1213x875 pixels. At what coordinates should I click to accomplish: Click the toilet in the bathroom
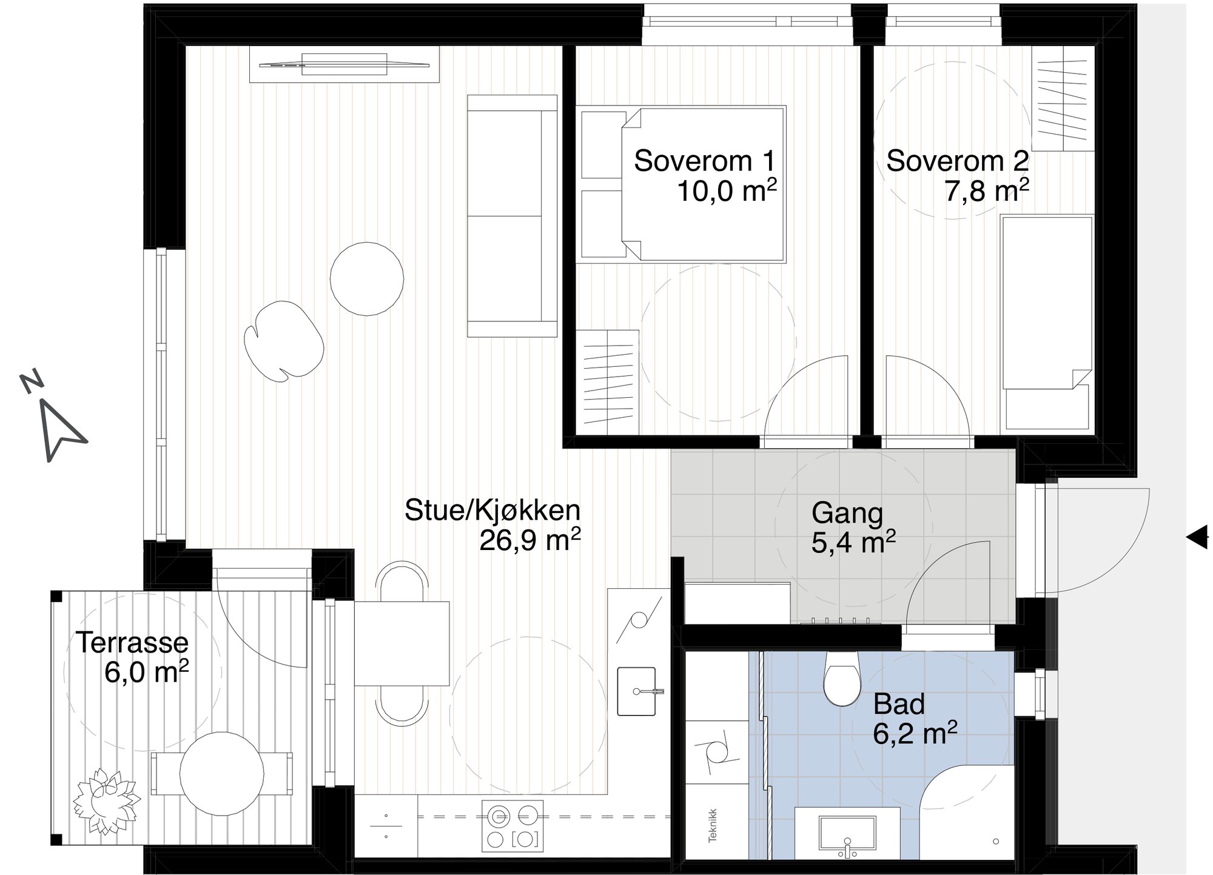842,679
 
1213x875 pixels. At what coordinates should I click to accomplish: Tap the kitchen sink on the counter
636,691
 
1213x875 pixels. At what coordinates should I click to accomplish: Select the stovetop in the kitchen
512,825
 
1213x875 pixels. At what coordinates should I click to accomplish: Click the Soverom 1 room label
704,161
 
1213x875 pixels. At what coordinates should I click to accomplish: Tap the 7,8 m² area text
986,192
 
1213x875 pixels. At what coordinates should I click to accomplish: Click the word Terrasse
132,642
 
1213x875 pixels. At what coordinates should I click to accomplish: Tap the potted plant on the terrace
106,800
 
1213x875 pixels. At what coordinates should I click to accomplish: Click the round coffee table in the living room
367,278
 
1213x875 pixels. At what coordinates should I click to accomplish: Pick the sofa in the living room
512,216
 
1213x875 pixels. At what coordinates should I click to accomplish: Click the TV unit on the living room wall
344,64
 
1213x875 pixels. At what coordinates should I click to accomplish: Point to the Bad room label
899,705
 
